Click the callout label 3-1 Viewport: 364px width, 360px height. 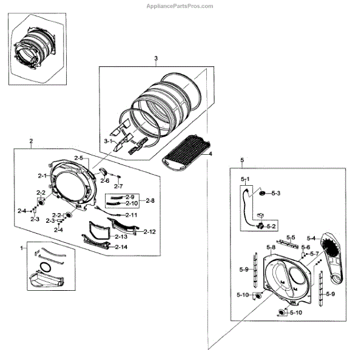tap(109, 141)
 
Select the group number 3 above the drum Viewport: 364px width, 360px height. tap(156, 58)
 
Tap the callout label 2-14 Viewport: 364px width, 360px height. tap(121, 247)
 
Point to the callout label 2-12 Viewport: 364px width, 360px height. tap(149, 231)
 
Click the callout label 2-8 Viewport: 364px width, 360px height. tap(150, 200)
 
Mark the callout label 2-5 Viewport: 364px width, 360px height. tap(79, 157)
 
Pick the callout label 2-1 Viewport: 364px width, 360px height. tap(43, 175)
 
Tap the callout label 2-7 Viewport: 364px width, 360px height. tap(118, 186)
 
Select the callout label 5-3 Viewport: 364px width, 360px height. tap(275, 193)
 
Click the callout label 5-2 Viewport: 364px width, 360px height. tap(271, 226)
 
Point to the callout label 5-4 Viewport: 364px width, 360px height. tap(312, 237)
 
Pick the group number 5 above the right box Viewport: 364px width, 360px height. tap(242, 160)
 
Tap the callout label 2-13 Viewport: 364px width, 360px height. tap(121, 236)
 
